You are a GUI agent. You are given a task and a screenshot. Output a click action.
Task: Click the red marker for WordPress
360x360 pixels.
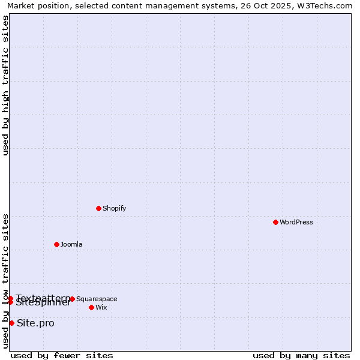click(275, 222)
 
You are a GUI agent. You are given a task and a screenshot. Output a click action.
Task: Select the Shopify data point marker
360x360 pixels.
click(98, 208)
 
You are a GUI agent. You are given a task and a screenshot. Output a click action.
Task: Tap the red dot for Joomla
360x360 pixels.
click(56, 244)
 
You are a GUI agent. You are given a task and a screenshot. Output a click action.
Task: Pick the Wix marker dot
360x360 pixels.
click(91, 307)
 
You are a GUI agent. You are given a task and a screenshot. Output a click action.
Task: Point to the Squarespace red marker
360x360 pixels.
click(72, 299)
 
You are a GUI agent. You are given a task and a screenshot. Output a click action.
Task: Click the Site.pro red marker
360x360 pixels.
click(11, 323)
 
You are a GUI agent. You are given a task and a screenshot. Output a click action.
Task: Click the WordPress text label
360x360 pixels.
click(296, 223)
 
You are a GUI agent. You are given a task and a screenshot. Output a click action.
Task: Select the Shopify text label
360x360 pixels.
click(114, 209)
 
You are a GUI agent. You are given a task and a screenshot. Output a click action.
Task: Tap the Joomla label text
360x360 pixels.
click(71, 245)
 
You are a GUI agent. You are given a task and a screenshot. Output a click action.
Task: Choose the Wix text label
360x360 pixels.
click(101, 308)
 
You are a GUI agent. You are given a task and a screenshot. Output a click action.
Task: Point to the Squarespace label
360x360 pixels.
click(97, 299)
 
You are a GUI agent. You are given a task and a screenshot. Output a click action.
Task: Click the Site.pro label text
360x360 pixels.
click(35, 323)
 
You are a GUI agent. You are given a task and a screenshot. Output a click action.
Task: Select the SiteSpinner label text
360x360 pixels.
click(43, 303)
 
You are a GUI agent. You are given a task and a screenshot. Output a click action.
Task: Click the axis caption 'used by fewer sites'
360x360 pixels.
click(62, 355)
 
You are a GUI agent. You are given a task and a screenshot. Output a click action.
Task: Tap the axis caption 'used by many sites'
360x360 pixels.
click(301, 355)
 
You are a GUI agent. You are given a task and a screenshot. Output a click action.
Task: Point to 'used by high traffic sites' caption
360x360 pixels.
click(6, 85)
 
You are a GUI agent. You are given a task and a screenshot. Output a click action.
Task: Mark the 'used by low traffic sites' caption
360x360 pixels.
click(6, 281)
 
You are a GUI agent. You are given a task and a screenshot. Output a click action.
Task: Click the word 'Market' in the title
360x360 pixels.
click(22, 6)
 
